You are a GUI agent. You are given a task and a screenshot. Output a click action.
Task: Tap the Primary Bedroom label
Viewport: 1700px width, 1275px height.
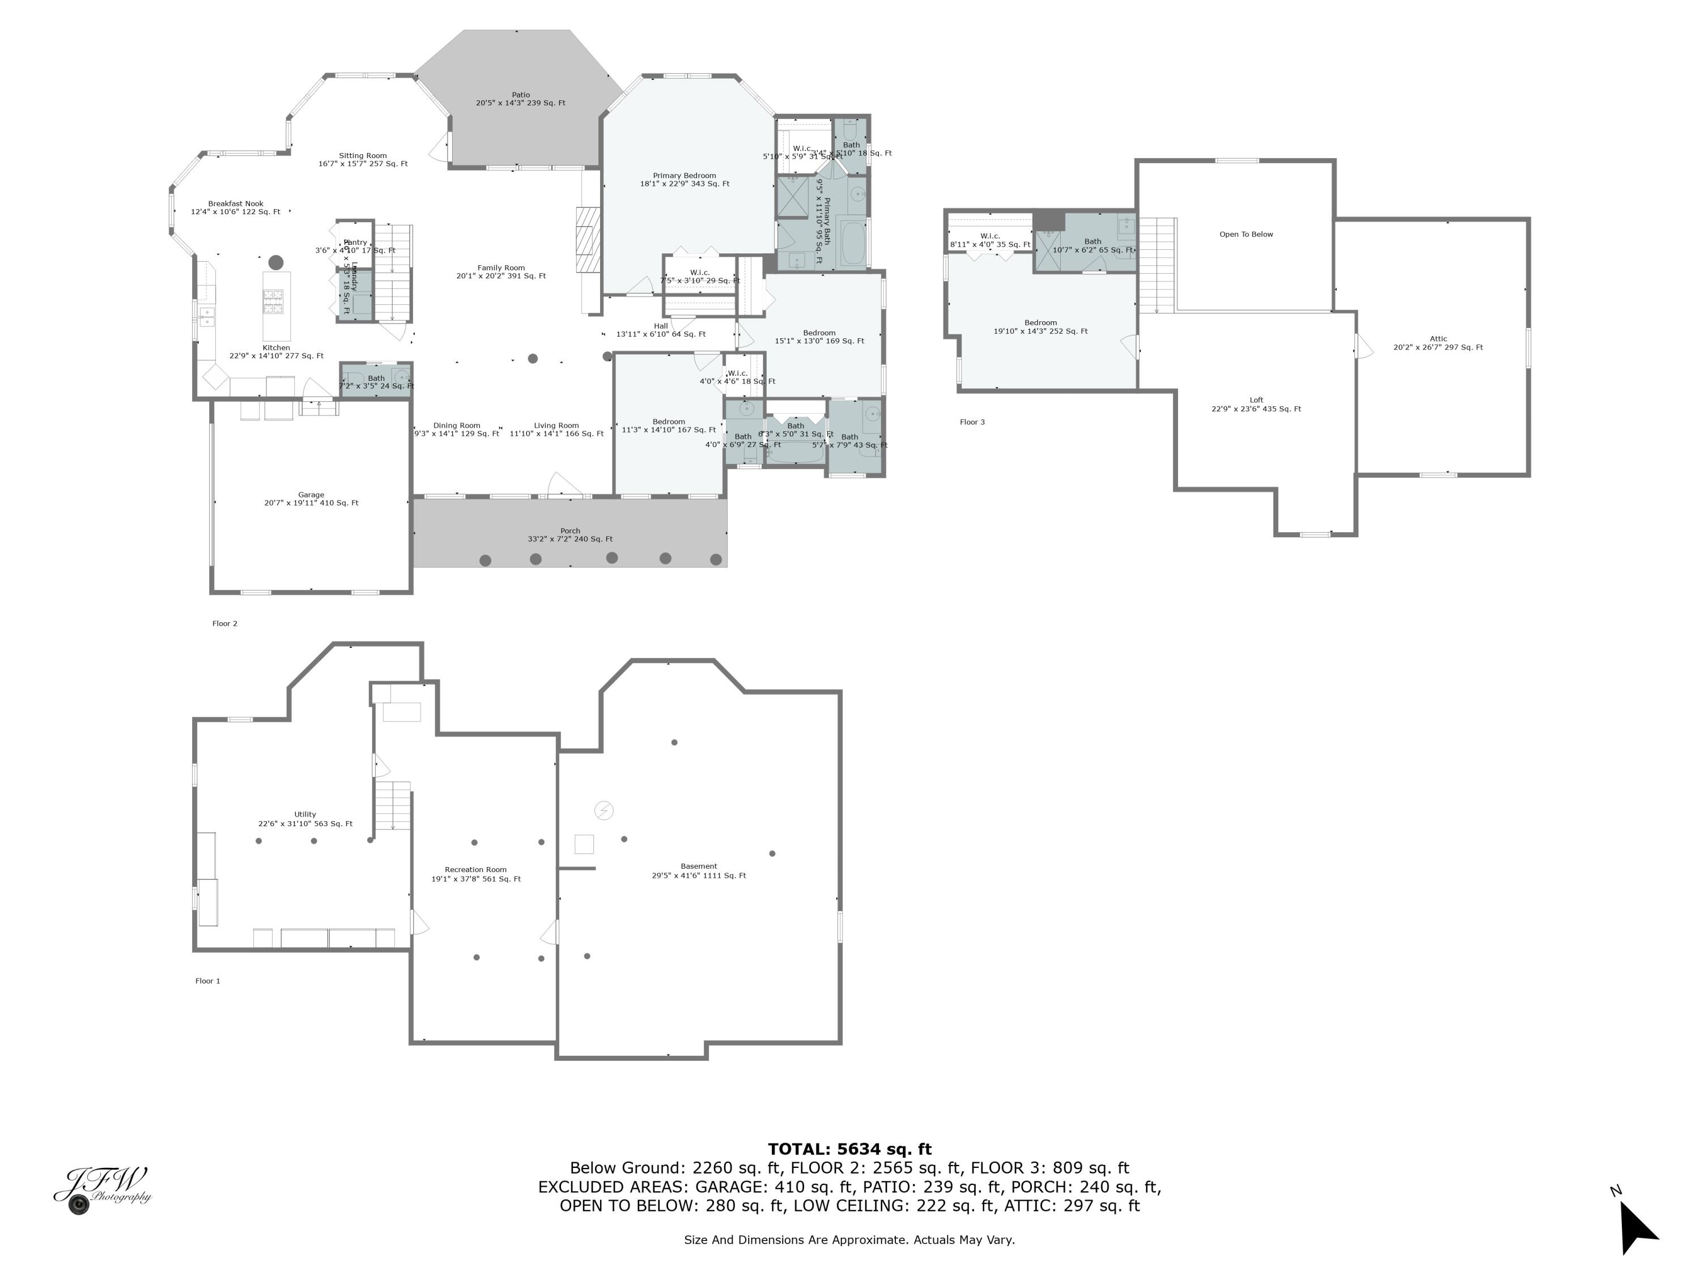point(684,180)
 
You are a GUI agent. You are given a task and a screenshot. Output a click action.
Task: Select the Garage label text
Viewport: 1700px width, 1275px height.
point(311,499)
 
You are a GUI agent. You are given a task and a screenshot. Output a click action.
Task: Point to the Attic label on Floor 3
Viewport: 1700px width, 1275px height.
point(1438,343)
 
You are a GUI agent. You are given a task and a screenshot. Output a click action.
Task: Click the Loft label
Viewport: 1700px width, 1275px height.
point(1256,404)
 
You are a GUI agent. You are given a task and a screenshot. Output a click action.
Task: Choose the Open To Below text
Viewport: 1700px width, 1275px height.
point(1246,235)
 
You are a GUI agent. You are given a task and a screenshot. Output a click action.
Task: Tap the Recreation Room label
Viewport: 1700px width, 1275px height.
point(476,874)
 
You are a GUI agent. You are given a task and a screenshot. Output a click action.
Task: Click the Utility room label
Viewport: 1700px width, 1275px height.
point(305,818)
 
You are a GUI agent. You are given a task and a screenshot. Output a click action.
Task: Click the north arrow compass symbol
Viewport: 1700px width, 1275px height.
point(1637,1227)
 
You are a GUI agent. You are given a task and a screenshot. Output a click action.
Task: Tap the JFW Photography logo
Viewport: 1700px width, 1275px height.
point(102,1189)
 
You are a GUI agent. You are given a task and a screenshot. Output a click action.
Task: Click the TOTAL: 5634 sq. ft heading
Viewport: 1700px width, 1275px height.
point(849,1149)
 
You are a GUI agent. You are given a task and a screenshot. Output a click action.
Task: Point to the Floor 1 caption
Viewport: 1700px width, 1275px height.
point(207,981)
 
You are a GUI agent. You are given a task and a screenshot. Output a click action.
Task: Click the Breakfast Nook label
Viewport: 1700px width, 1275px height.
point(235,207)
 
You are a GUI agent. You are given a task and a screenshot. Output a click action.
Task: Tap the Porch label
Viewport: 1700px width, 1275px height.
point(570,535)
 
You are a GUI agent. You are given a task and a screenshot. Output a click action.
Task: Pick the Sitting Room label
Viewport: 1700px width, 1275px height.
point(363,159)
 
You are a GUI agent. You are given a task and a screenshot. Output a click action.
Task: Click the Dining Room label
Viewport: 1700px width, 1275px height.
point(457,429)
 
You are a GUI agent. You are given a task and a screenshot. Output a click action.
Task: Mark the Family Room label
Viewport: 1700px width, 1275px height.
point(501,271)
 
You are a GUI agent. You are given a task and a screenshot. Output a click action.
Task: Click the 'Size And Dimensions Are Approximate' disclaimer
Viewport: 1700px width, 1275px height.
point(849,1240)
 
